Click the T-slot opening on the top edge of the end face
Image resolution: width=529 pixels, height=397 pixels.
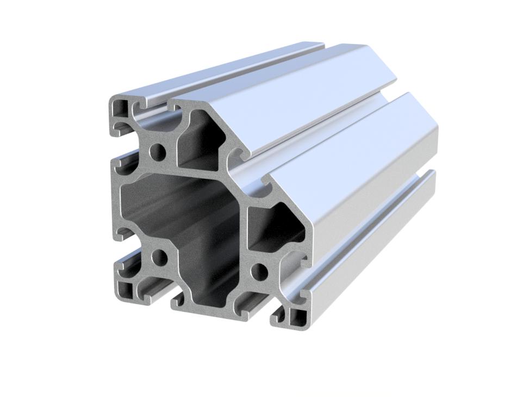pyautogui.click(x=161, y=106)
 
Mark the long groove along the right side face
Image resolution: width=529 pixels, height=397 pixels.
pyautogui.click(x=375, y=234)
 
